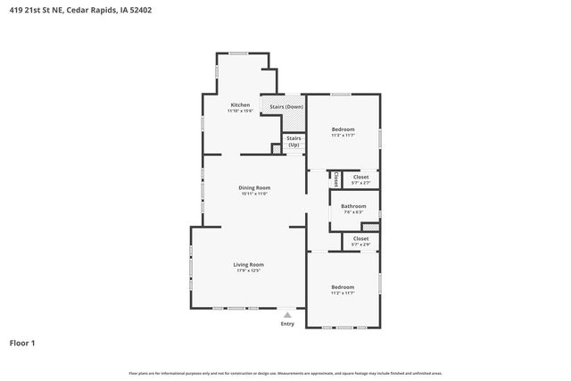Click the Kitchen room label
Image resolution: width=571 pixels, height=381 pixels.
240,104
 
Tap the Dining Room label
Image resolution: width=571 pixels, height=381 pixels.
253,187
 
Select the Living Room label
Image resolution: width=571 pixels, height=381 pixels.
249,264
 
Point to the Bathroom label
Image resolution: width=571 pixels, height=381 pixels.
353,206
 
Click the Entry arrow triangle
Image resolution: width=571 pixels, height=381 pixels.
286,315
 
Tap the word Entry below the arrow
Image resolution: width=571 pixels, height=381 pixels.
286,324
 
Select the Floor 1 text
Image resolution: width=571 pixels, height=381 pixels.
22,343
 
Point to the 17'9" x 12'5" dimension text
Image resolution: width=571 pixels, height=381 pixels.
249,271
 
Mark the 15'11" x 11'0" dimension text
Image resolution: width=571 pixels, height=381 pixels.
253,194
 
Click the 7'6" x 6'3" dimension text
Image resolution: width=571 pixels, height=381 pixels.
353,212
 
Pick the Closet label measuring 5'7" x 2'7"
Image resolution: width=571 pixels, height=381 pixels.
360,177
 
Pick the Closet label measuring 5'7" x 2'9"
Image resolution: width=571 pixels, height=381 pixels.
360,238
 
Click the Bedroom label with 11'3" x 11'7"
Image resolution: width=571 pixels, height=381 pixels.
343,129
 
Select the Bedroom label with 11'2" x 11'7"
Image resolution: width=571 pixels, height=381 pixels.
343,286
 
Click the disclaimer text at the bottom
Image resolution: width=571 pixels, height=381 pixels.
285,373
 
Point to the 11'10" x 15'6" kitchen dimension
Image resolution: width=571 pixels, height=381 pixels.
240,111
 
